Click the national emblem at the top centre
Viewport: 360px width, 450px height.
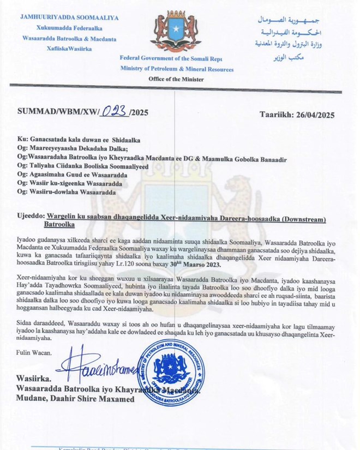pos(176,31)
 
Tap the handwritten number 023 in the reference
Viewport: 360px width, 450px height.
pos(115,112)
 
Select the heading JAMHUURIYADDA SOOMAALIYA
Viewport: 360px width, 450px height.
pos(69,17)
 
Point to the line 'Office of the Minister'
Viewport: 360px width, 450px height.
pos(176,79)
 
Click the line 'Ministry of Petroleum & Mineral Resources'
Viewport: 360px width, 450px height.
pos(177,69)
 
